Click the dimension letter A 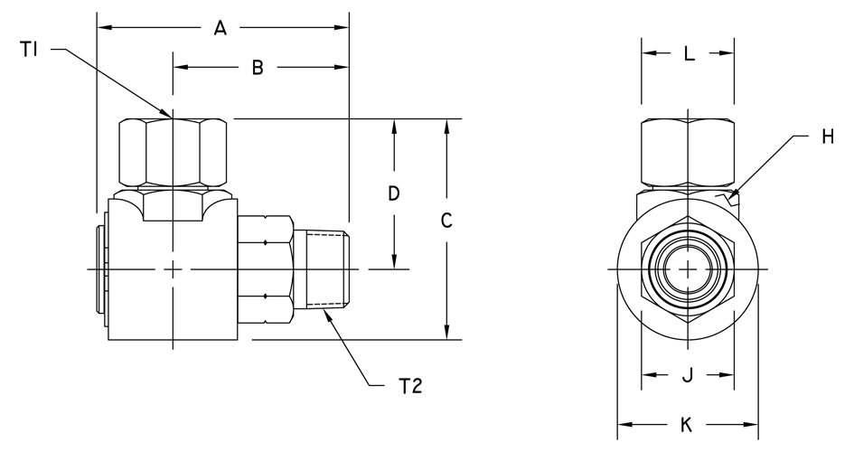220,27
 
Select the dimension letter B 258,68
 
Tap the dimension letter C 446,221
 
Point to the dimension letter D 394,193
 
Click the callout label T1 29,50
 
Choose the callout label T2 410,386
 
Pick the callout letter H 828,137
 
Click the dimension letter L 690,53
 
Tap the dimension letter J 688,374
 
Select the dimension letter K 687,425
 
